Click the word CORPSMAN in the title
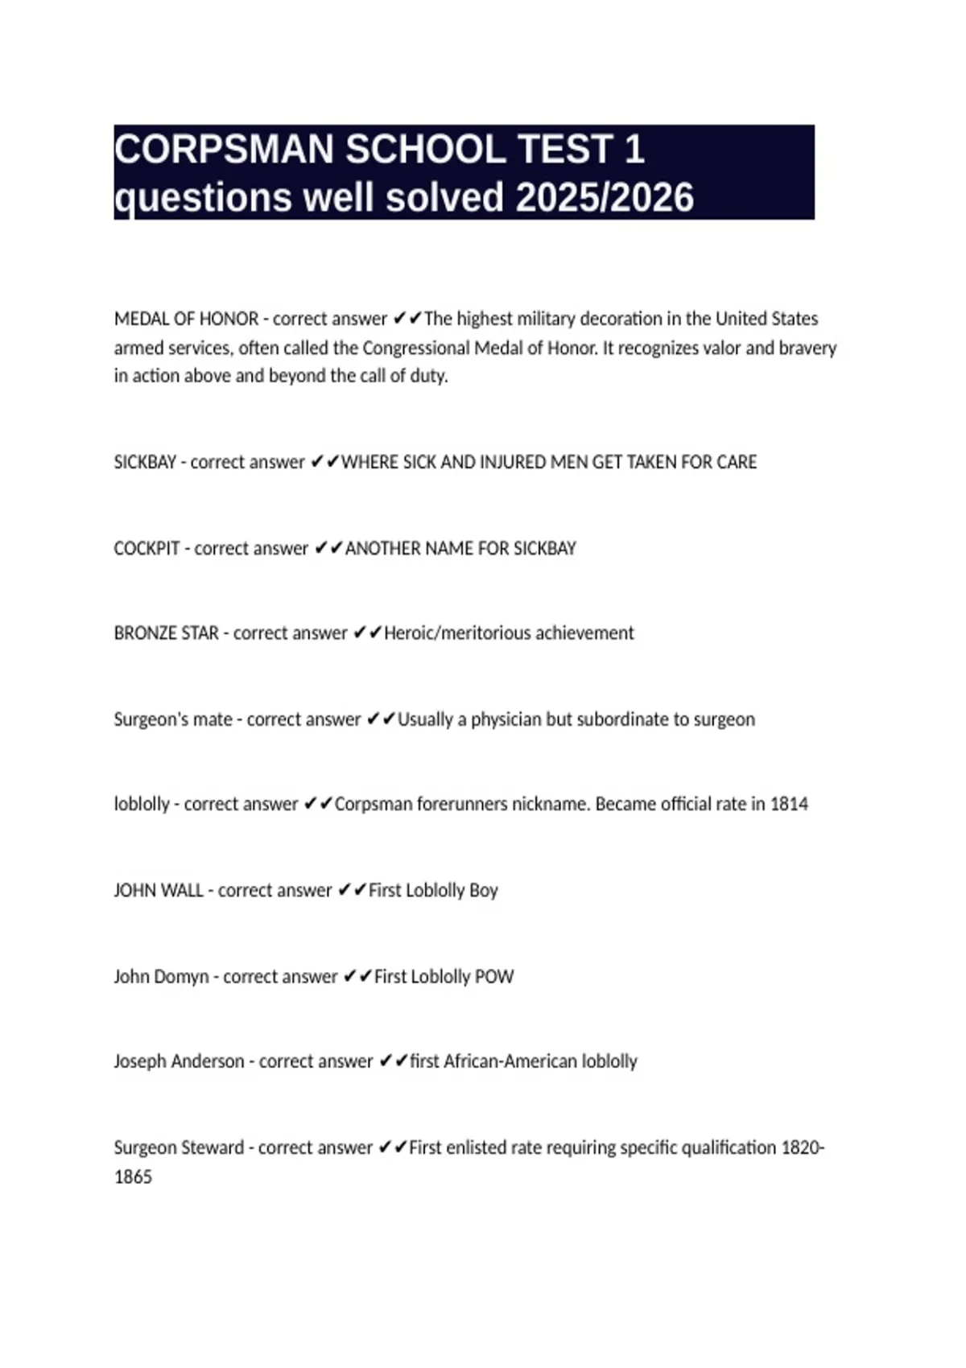click(223, 150)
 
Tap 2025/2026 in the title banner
click(604, 198)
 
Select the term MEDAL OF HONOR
click(186, 319)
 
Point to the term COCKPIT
click(147, 549)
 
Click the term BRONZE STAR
click(166, 633)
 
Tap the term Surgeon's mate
click(173, 719)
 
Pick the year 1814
click(789, 804)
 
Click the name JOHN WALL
click(158, 891)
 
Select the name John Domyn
click(161, 977)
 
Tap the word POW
click(494, 977)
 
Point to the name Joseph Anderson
click(179, 1061)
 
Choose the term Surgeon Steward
click(179, 1148)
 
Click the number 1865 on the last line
click(133, 1177)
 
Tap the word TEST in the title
click(567, 150)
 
